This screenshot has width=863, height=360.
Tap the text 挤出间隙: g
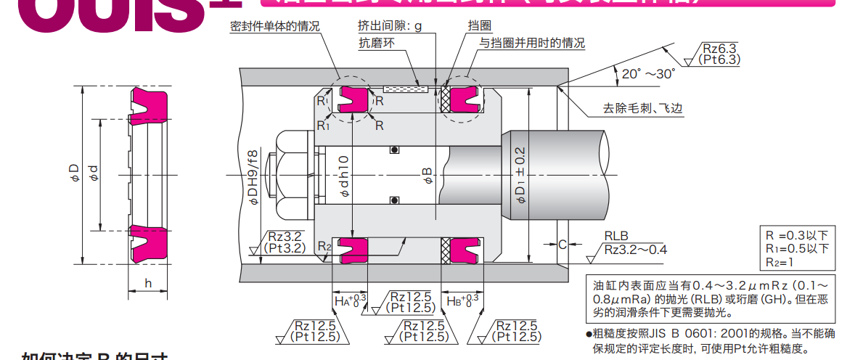click(390, 26)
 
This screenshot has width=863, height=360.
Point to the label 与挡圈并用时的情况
click(532, 43)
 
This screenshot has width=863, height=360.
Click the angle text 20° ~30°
click(648, 73)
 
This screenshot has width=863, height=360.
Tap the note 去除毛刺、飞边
click(643, 110)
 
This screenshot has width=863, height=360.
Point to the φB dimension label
click(428, 176)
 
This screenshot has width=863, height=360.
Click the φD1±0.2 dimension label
click(520, 173)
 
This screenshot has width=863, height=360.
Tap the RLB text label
click(615, 236)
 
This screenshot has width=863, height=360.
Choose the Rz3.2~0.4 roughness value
click(635, 250)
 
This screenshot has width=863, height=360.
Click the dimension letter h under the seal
click(148, 283)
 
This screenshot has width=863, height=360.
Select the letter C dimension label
click(562, 245)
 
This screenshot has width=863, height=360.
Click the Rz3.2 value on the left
click(288, 236)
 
